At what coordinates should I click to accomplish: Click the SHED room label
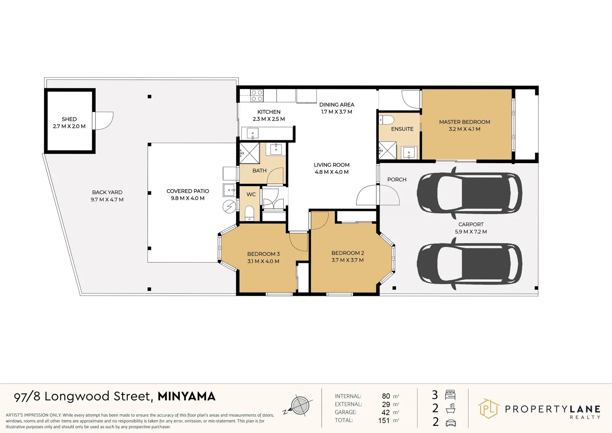[x=69, y=119]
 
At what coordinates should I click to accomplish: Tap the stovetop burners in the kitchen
[x=257, y=95]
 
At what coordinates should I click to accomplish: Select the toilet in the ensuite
[x=387, y=120]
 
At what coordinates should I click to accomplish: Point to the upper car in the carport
[x=469, y=193]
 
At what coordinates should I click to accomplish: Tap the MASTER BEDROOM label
[x=465, y=122]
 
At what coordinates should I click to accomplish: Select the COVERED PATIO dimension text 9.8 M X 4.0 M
[x=188, y=198]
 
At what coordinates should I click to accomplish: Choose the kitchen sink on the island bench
[x=252, y=133]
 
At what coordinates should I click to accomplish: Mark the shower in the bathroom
[x=249, y=153]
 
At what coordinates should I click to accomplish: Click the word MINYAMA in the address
[x=186, y=397]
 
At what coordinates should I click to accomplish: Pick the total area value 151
[x=384, y=421]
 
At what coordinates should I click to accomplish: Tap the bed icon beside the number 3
[x=450, y=395]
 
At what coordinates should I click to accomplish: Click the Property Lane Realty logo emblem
[x=489, y=409]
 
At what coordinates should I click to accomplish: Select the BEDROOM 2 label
[x=347, y=253]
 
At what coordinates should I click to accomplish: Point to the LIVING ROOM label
[x=331, y=165]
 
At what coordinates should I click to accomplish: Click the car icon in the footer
[x=450, y=422]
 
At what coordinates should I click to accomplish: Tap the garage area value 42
[x=386, y=413]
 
